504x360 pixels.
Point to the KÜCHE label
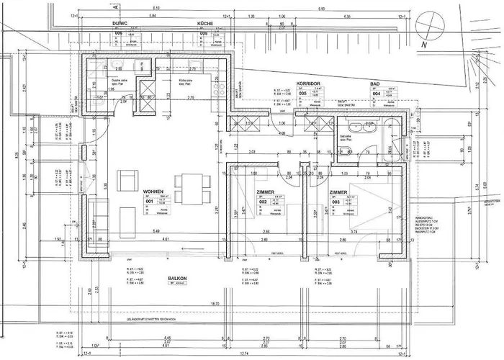click(x=207, y=24)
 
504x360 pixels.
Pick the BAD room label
click(x=374, y=85)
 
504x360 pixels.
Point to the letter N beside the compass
click(x=425, y=45)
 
